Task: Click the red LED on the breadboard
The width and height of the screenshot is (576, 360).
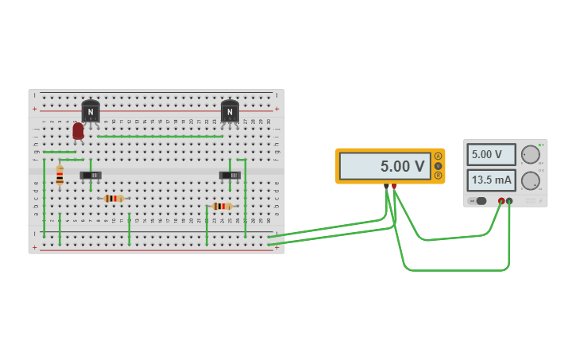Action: click(78, 131)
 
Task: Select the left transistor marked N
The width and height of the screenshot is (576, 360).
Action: click(91, 112)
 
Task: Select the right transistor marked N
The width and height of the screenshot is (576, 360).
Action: click(230, 112)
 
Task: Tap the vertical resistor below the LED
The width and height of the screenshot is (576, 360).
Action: click(60, 176)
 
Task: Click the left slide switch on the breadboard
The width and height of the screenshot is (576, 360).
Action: click(91, 175)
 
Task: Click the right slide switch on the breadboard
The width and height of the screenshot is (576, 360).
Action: click(230, 175)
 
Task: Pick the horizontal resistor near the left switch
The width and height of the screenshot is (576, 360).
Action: click(114, 198)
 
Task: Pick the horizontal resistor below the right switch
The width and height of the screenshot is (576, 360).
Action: click(222, 206)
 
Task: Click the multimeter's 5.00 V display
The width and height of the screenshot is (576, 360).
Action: click(385, 166)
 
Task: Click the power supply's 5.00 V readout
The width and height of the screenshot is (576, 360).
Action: click(491, 154)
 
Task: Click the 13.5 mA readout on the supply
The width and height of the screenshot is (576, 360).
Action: click(491, 180)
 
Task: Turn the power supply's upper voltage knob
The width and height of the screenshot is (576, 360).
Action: click(530, 154)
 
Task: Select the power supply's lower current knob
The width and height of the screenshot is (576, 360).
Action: click(530, 180)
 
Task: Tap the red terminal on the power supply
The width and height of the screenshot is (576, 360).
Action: click(501, 201)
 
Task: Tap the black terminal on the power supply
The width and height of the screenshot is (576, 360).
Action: click(509, 201)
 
